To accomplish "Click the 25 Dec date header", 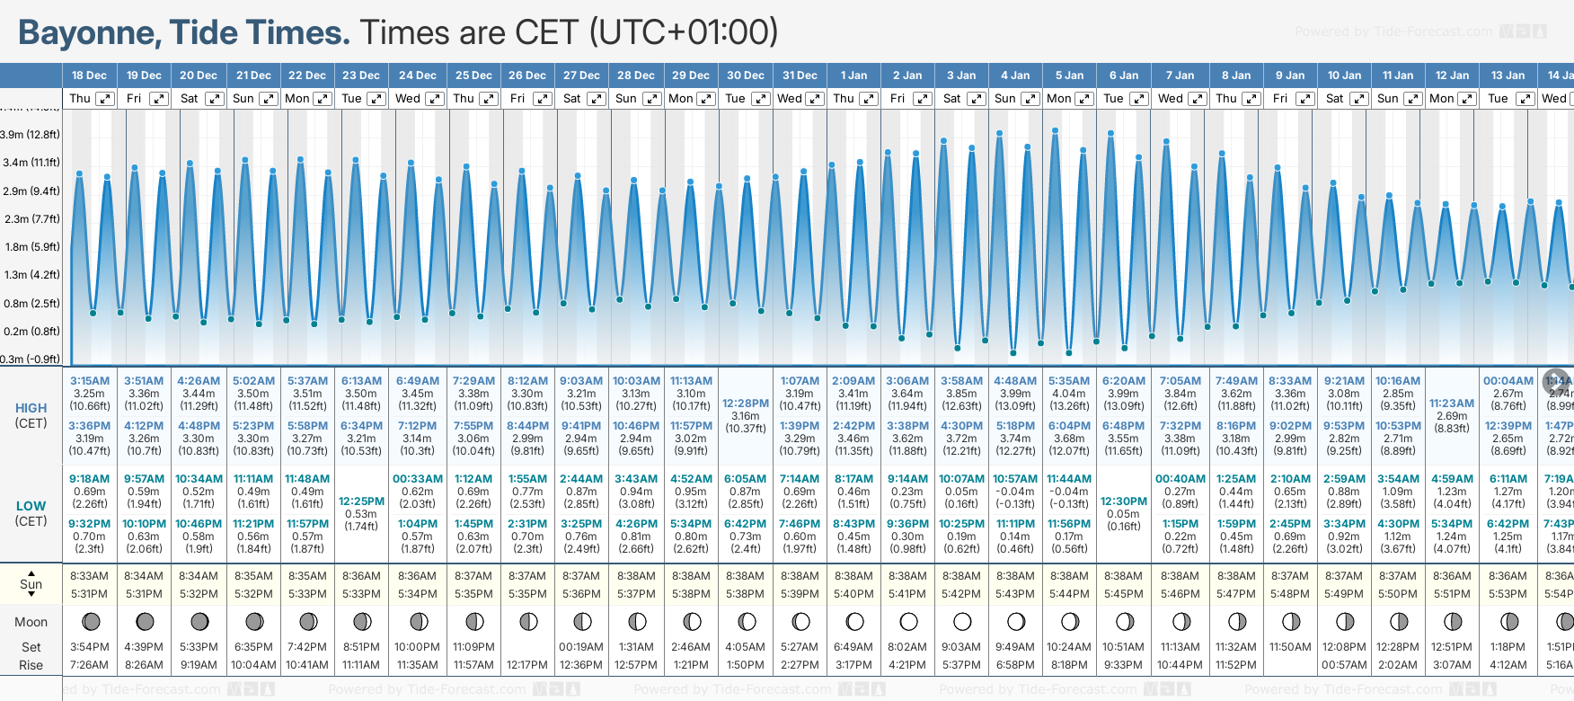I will (x=473, y=75).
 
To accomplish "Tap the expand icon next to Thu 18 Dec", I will (x=105, y=99).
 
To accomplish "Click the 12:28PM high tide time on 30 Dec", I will (x=746, y=404).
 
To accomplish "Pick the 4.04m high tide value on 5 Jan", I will (x=1069, y=394).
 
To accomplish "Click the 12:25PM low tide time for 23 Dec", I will (x=361, y=501).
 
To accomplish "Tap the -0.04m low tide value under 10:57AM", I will (x=1015, y=492).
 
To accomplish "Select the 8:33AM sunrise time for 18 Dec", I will (x=89, y=576).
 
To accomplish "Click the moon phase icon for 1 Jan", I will (x=854, y=621).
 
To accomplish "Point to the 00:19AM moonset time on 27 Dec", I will (x=581, y=647).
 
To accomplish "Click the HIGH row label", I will (x=31, y=408).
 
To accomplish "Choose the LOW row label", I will (x=31, y=506).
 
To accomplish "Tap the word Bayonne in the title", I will (x=89, y=32).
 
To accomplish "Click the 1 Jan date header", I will (x=853, y=75).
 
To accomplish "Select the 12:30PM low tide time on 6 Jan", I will (x=1124, y=501).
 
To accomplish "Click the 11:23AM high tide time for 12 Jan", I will (x=1452, y=404).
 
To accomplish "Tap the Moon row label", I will (x=31, y=622).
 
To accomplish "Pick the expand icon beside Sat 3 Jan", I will (x=976, y=99).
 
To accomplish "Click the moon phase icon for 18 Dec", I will (x=90, y=621).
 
